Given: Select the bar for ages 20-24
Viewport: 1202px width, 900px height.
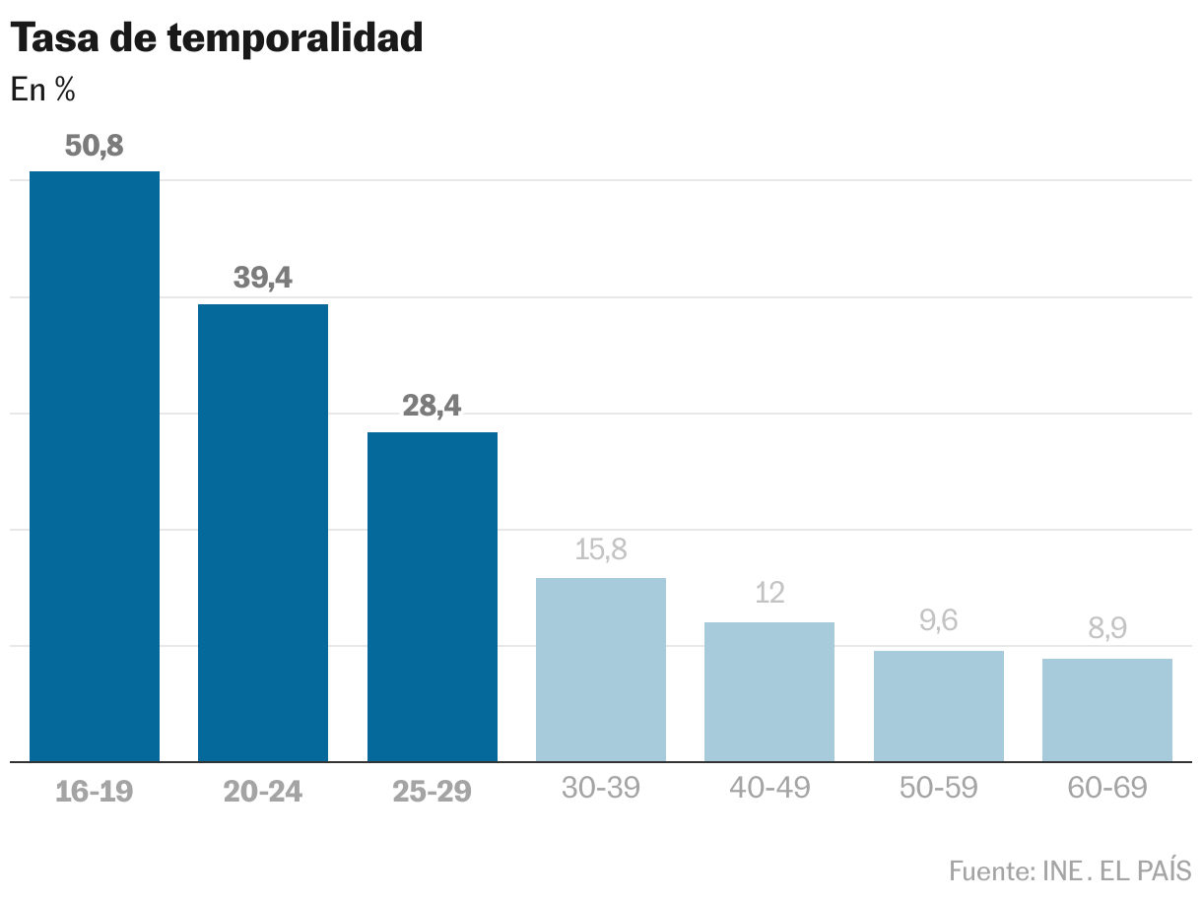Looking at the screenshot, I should (263, 533).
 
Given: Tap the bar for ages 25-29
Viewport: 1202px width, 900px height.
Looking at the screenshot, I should (433, 597).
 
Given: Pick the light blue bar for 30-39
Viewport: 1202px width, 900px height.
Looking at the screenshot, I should (601, 670).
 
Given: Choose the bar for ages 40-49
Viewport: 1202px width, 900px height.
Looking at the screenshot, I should (769, 691).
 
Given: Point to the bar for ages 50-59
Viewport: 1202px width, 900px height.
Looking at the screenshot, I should (939, 706).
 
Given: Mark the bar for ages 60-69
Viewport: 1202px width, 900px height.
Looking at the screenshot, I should (1107, 710).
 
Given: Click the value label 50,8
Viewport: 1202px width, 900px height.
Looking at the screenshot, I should (95, 146).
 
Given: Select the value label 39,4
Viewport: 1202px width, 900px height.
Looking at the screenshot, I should (263, 279).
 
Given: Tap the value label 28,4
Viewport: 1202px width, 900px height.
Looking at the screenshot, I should (433, 406).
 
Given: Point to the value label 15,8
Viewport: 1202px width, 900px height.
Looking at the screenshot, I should (601, 549).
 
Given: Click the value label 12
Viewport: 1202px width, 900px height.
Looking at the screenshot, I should (769, 593).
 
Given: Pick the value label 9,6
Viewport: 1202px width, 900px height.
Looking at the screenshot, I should (939, 621).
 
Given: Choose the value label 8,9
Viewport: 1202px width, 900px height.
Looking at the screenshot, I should (1107, 629).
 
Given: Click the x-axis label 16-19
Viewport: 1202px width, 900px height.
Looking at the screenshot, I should (95, 790).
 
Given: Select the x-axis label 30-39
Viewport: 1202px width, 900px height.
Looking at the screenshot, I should (601, 788).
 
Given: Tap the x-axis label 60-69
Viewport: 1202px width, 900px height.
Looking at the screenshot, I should (1107, 788).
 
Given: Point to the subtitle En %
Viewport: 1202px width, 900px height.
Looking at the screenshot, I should (42, 90).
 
